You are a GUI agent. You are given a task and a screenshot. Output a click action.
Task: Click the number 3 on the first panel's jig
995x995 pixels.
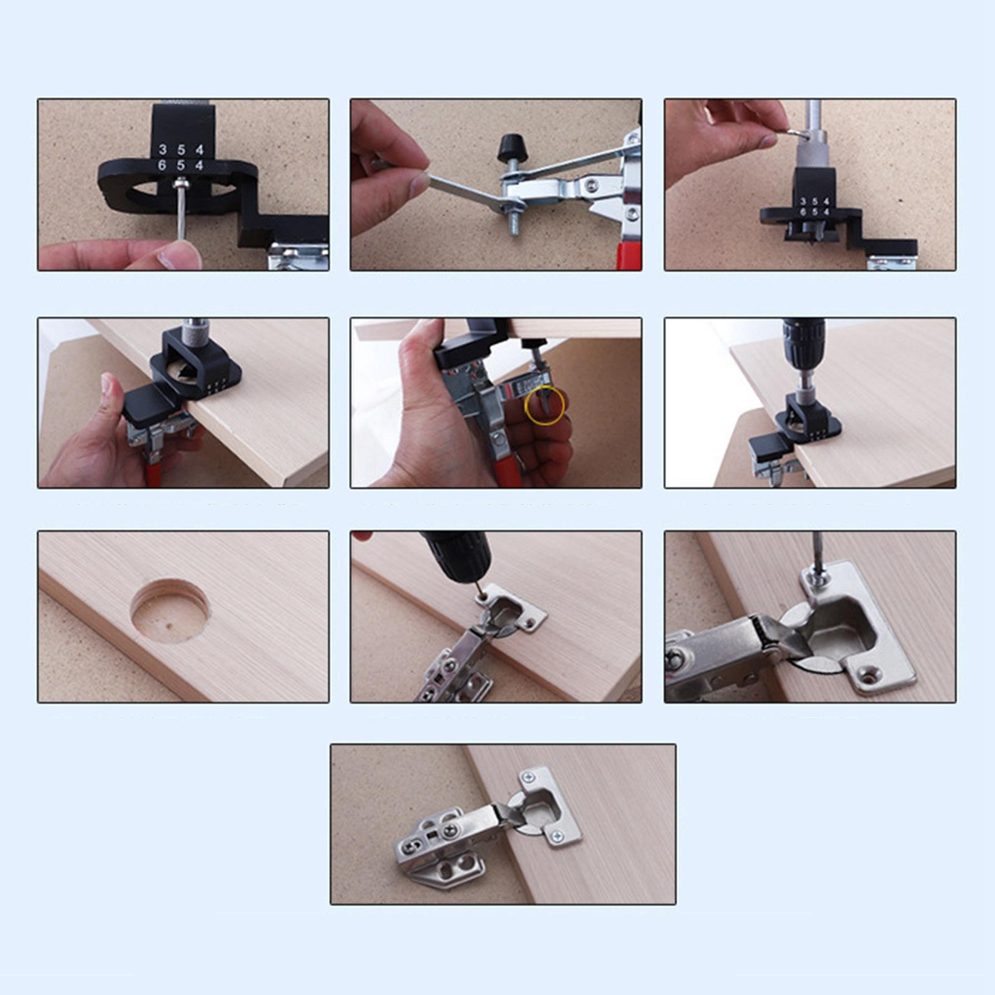pos(163,149)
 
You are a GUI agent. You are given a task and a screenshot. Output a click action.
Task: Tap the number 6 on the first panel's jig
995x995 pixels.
pos(162,165)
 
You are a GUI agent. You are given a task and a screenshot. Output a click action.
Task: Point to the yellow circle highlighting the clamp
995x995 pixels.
pos(545,405)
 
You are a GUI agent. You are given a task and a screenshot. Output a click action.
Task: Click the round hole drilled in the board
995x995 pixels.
pos(170,610)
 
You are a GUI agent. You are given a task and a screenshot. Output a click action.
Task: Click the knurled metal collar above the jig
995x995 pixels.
pos(811,149)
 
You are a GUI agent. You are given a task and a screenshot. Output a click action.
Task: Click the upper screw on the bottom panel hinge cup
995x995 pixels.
pos(529,777)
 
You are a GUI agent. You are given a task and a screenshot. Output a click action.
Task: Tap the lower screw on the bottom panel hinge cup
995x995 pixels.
pos(557,837)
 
